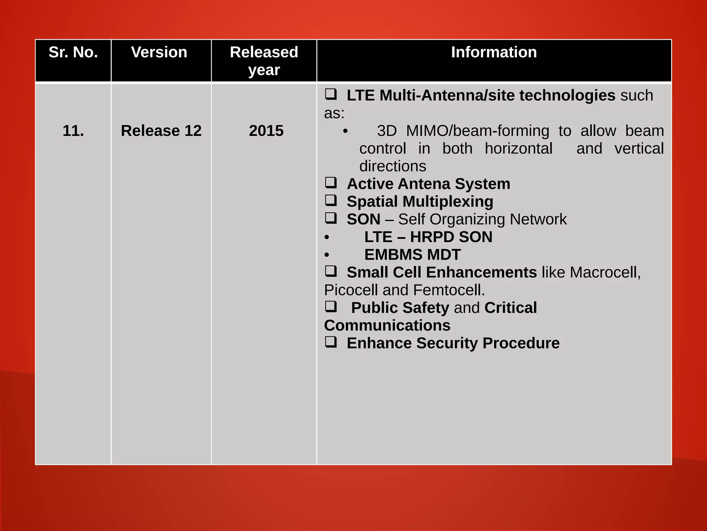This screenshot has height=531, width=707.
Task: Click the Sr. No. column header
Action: pyautogui.click(x=73, y=53)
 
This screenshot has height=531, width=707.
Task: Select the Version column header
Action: pyautogui.click(x=159, y=53)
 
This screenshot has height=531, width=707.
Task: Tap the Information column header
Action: pyautogui.click(x=494, y=53)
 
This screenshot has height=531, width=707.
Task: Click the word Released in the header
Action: pyautogui.click(x=264, y=53)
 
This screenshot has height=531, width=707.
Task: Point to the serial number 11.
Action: pyautogui.click(x=73, y=131)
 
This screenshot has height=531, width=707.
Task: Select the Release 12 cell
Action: pyautogui.click(x=161, y=131)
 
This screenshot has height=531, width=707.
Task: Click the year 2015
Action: pyautogui.click(x=266, y=131)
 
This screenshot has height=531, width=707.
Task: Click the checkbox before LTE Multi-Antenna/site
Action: pyautogui.click(x=331, y=94)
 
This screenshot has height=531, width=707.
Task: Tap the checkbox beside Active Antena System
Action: pyautogui.click(x=331, y=183)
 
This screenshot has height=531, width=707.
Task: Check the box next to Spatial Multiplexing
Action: pyautogui.click(x=331, y=201)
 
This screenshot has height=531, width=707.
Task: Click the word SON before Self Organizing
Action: pyautogui.click(x=363, y=220)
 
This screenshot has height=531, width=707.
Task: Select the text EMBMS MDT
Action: pyautogui.click(x=412, y=255)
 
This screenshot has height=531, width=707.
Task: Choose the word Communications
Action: pyautogui.click(x=387, y=326)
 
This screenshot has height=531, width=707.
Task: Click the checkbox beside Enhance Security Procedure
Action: pyautogui.click(x=331, y=342)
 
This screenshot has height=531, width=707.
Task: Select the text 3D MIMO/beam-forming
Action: pyautogui.click(x=463, y=131)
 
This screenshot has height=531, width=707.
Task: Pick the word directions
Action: pyautogui.click(x=393, y=167)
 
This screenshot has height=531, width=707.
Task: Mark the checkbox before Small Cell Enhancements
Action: pyautogui.click(x=331, y=271)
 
